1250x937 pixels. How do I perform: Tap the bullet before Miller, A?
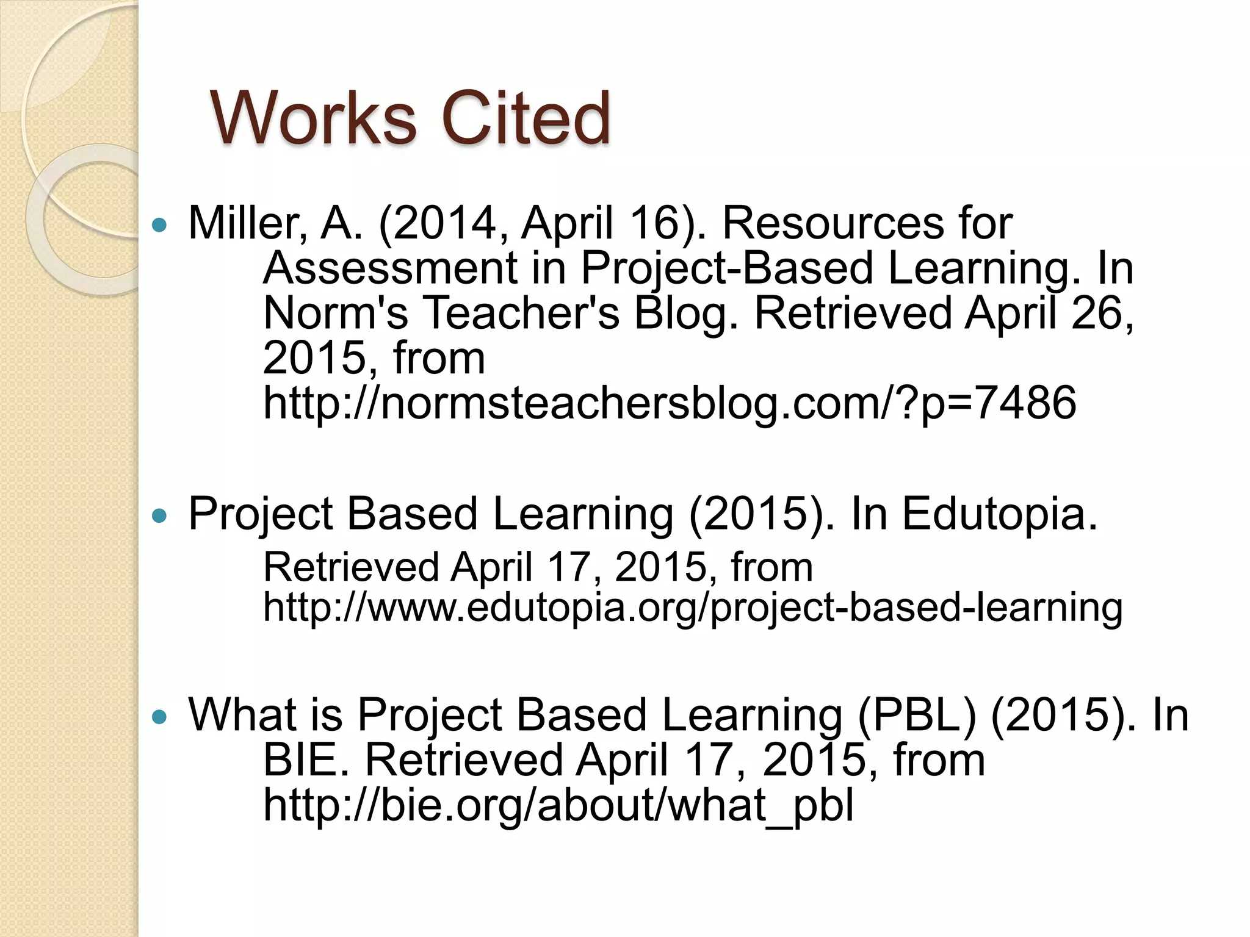(x=159, y=225)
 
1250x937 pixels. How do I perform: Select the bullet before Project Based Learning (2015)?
(x=159, y=516)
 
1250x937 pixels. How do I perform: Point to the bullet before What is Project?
(x=159, y=717)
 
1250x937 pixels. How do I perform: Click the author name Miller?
(x=247, y=223)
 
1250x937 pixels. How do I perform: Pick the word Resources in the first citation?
(x=833, y=223)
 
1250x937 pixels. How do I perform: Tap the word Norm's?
(x=335, y=313)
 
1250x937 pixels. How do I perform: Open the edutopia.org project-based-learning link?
(x=692, y=608)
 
